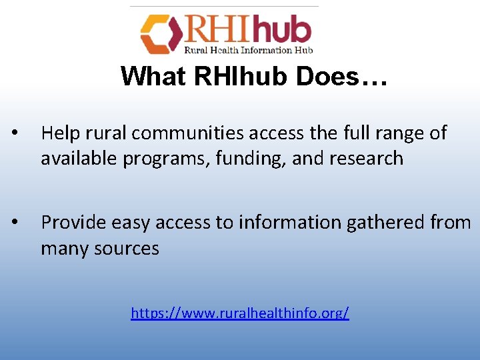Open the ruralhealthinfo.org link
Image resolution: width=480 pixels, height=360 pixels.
[x=240, y=312]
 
